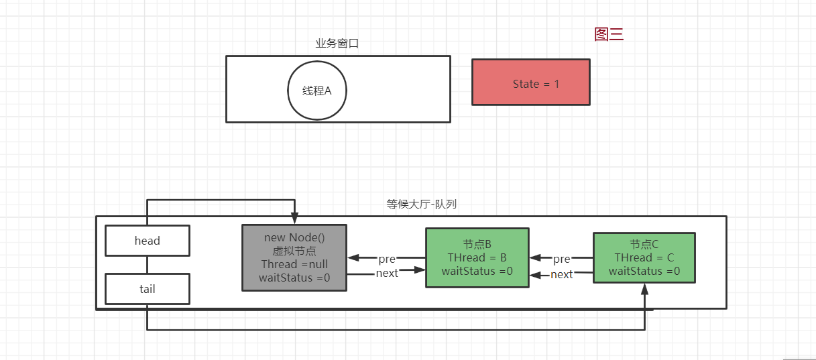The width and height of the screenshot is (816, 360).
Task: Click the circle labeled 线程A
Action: point(317,91)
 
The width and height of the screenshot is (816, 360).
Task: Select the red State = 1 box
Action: point(530,82)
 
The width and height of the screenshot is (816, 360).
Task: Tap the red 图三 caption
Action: point(609,35)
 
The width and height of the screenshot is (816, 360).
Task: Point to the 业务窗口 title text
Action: point(337,44)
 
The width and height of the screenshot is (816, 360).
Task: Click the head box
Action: point(148,241)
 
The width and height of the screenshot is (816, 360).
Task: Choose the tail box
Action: point(148,289)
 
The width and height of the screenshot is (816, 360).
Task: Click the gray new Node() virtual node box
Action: point(294,257)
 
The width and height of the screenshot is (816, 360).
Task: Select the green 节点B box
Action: point(477,257)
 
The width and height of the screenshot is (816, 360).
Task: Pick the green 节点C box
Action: point(644,258)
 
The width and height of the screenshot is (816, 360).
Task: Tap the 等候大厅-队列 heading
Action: point(421,204)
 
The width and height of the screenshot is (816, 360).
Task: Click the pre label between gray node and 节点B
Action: point(387,259)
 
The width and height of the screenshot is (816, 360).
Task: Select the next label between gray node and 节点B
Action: point(387,273)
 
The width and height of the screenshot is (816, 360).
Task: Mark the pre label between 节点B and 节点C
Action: point(561,259)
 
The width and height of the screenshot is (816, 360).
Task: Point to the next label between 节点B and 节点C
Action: point(561,274)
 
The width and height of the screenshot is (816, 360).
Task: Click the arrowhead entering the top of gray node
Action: point(294,219)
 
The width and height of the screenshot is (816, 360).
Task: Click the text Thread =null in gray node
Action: point(294,264)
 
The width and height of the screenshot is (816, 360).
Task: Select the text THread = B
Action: point(477,258)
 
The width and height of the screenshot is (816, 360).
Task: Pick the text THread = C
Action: point(644,258)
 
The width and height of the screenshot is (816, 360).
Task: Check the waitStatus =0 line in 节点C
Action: point(644,272)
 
